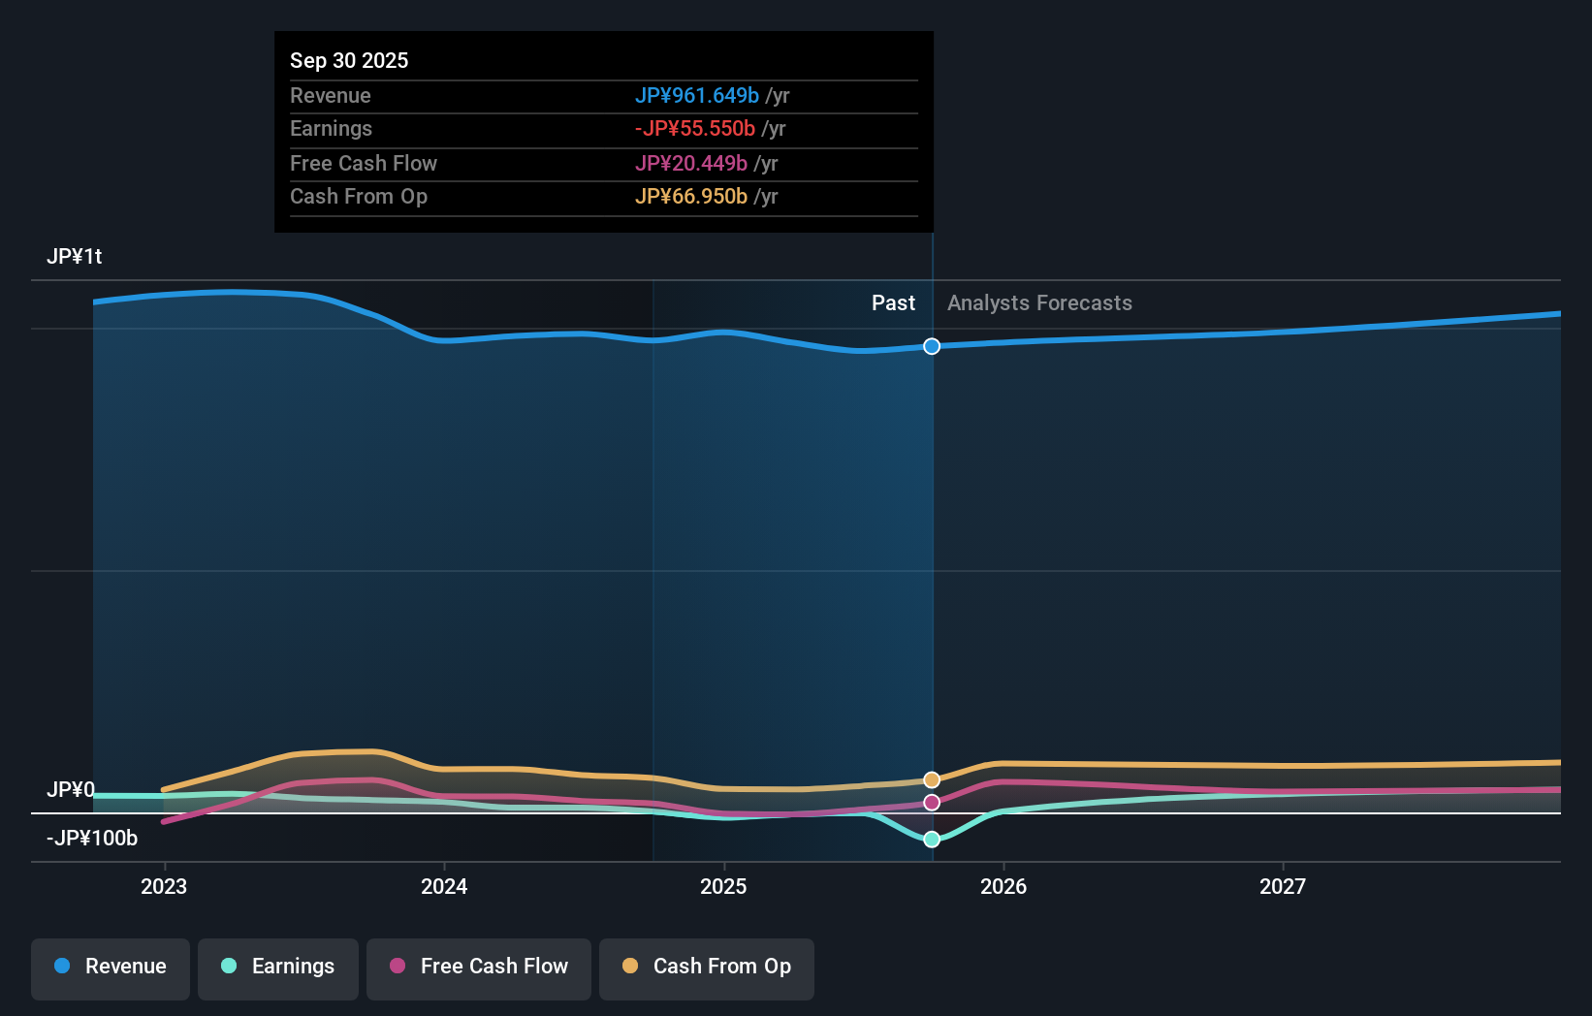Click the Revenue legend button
coord(111,968)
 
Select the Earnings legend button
coord(278,968)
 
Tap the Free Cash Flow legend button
coord(479,968)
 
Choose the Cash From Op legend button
coord(707,968)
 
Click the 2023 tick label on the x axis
coord(164,886)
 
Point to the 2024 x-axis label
coord(444,886)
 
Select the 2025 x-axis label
coord(723,886)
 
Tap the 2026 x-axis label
coord(1003,886)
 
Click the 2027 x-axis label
coord(1283,886)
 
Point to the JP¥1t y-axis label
coord(75,257)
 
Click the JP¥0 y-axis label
coord(71,790)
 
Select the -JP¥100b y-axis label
coord(92,839)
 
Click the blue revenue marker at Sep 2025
coord(932,346)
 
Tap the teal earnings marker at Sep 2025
coord(932,840)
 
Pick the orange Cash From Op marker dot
coord(932,780)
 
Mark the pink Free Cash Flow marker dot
coord(932,803)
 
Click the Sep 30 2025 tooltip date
coord(349,61)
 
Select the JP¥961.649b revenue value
coord(696,96)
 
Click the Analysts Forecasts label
coord(1039,303)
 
